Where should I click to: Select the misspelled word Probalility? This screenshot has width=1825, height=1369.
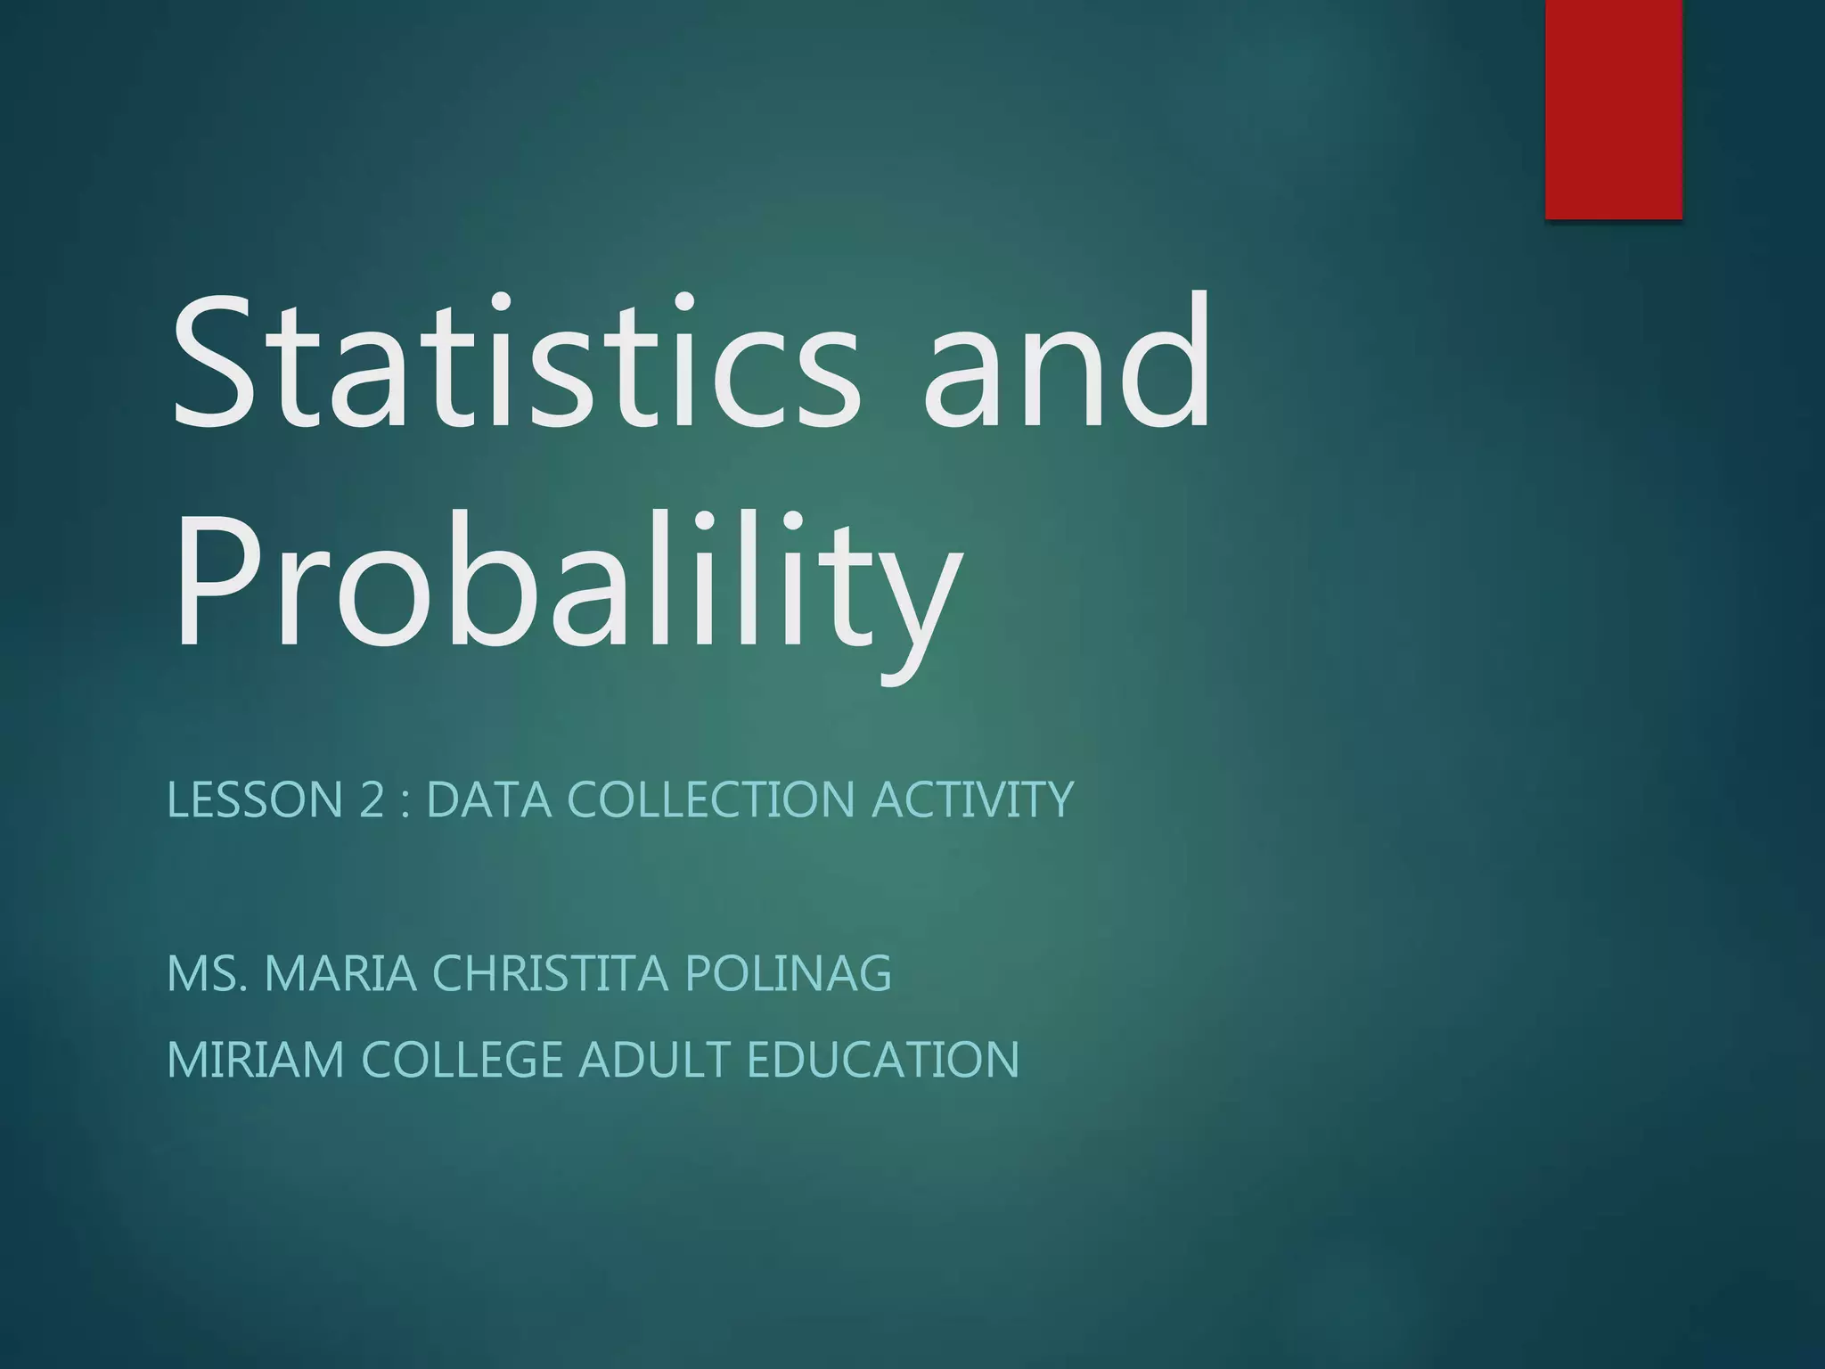pos(567,584)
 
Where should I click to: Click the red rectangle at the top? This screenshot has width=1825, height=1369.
pos(1613,109)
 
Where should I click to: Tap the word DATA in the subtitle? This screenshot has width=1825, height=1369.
pos(489,799)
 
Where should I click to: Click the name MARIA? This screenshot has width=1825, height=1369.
pos(341,972)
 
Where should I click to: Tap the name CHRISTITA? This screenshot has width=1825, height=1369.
pos(550,972)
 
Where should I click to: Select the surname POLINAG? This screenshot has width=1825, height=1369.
pos(788,972)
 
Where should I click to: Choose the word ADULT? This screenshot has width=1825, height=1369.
pos(654,1060)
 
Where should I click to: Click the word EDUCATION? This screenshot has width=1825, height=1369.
pos(882,1060)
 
